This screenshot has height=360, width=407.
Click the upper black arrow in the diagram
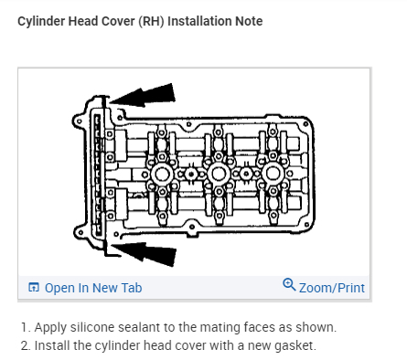pyautogui.click(x=143, y=95)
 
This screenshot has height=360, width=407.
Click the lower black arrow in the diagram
pyautogui.click(x=144, y=253)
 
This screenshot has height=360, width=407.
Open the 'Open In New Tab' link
pyautogui.click(x=93, y=288)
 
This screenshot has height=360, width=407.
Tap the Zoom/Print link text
pyautogui.click(x=332, y=288)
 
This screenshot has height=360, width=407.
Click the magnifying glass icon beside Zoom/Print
pyautogui.click(x=289, y=284)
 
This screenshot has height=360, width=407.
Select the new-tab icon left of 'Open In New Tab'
pyautogui.click(x=34, y=287)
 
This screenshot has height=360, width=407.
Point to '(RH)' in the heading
pyautogui.click(x=152, y=22)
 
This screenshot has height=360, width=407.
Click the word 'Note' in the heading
pyautogui.click(x=249, y=21)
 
